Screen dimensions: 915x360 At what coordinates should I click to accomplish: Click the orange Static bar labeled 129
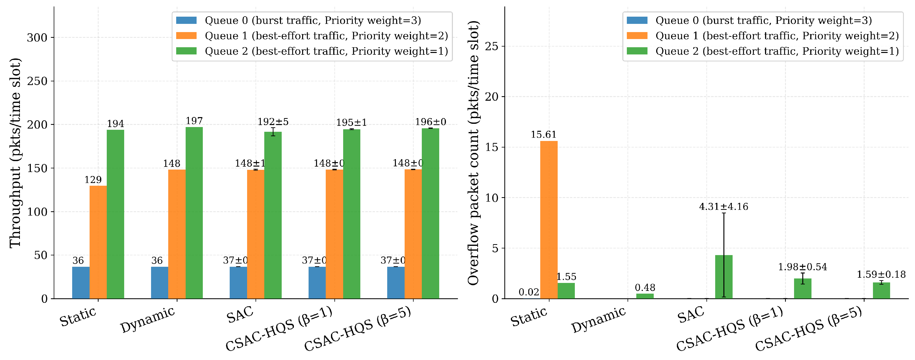(98, 242)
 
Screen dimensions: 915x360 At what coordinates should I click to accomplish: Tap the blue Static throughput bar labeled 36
(81, 283)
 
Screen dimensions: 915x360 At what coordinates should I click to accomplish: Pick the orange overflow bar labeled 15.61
(549, 220)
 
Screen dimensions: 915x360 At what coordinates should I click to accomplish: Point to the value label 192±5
(273, 122)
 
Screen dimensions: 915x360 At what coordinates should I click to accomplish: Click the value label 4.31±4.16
(724, 207)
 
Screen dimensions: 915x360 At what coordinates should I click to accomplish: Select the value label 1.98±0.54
(803, 267)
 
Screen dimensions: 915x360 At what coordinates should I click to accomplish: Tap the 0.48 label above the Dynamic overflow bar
(645, 288)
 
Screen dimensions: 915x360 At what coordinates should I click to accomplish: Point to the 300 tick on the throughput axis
(37, 38)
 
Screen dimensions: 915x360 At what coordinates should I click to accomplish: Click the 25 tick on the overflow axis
(492, 46)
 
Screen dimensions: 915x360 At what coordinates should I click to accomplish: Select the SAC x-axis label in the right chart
(691, 314)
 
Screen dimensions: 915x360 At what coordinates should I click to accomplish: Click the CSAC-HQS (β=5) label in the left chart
(358, 328)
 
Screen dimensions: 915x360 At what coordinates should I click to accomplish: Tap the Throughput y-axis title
(15, 153)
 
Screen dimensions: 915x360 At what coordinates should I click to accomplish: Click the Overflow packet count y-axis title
(474, 153)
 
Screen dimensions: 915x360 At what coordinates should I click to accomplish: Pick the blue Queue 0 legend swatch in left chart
(186, 20)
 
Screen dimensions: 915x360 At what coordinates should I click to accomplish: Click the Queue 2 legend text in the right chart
(777, 51)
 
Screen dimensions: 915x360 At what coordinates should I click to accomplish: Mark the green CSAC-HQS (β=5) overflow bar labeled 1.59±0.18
(881, 290)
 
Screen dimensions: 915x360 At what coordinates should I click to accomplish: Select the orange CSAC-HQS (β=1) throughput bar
(334, 234)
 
